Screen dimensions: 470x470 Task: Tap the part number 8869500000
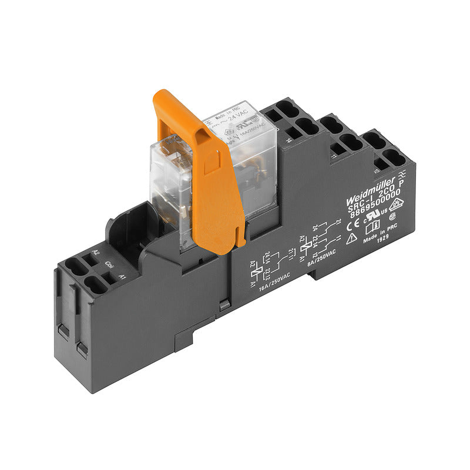[376, 203]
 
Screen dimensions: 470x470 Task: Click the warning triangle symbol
[353, 238]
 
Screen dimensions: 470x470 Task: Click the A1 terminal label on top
[122, 276]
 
